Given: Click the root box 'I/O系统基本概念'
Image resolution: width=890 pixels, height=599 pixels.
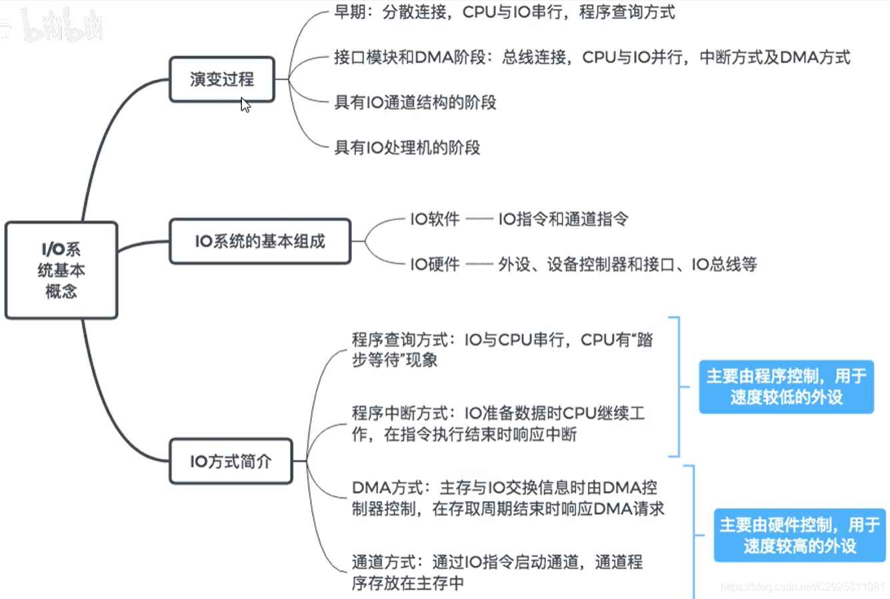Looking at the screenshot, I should click(x=61, y=271).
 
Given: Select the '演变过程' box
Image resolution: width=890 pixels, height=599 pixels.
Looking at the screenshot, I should click(x=222, y=79).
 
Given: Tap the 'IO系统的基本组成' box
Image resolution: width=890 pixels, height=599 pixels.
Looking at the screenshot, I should click(x=260, y=241).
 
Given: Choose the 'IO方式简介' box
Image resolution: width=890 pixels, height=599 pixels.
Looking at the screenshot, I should click(x=231, y=461).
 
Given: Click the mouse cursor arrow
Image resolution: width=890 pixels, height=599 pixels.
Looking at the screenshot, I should click(x=245, y=105).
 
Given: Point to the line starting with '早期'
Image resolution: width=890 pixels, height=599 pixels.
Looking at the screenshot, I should click(x=504, y=13).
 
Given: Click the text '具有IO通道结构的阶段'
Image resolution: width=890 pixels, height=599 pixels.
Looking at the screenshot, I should click(x=415, y=103).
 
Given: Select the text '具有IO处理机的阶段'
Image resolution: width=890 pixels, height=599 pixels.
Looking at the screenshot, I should click(x=407, y=147).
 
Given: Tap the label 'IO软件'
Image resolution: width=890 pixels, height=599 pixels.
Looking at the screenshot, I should click(x=435, y=219).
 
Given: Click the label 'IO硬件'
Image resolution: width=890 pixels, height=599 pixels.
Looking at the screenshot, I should click(x=435, y=265).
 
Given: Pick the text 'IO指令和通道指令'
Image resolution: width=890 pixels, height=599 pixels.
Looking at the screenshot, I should click(x=563, y=219).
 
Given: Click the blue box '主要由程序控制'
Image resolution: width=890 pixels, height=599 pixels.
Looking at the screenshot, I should click(x=786, y=386).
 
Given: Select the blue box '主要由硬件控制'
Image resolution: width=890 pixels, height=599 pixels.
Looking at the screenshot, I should click(x=799, y=536).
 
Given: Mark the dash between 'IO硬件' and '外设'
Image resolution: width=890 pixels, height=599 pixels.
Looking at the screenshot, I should click(x=479, y=265).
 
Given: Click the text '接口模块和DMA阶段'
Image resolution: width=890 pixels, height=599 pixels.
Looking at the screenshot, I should click(x=409, y=57).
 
